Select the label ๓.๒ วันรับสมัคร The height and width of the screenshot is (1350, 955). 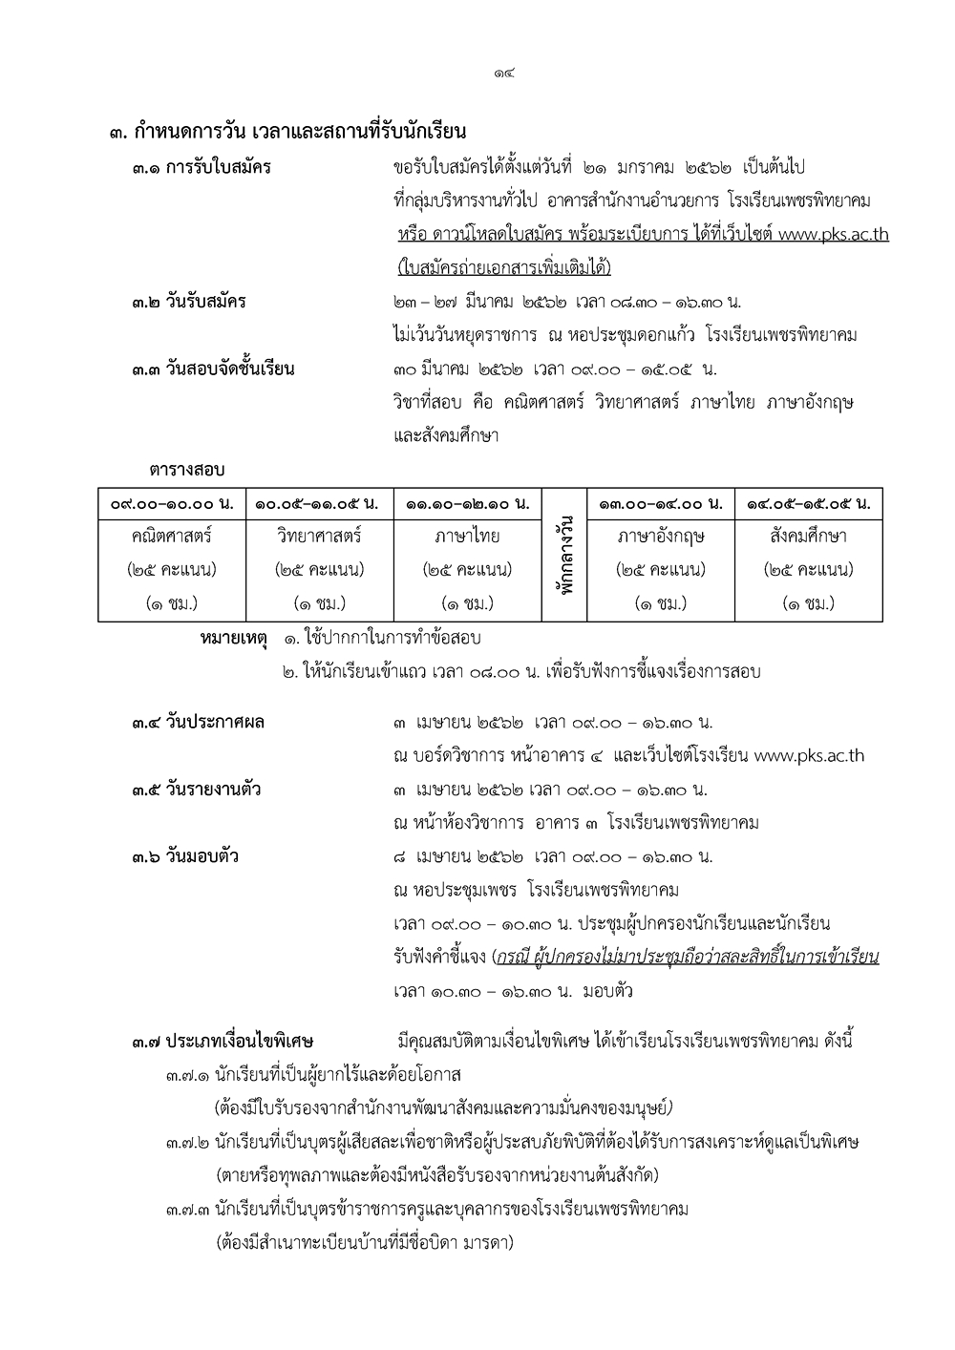tap(189, 303)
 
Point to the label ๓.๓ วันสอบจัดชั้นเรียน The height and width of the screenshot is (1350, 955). tap(213, 369)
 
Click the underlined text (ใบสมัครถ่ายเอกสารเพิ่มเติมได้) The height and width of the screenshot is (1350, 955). tap(503, 267)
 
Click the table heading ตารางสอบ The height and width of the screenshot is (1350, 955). tap(186, 471)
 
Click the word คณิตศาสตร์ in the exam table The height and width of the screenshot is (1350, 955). tap(172, 537)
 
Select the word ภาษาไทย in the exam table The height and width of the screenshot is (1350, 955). tap(467, 537)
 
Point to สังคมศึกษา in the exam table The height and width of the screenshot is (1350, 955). tap(808, 537)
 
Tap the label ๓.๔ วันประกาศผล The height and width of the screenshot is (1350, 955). tap(199, 723)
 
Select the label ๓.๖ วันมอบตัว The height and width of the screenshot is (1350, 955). tap(185, 856)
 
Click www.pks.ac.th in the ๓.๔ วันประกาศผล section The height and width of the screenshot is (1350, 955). tap(809, 756)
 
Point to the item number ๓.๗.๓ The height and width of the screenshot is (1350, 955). tap(187, 1210)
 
